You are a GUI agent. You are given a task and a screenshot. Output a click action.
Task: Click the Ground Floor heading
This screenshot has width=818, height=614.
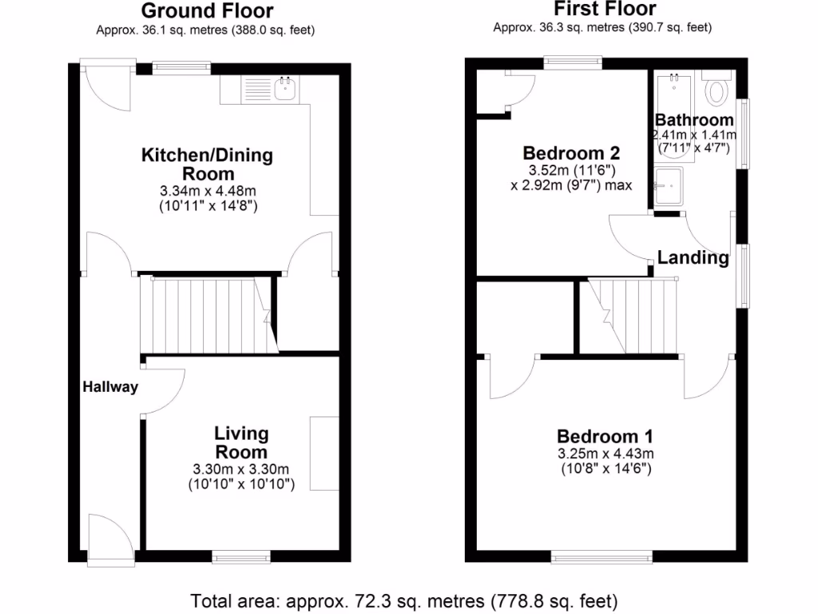(207, 11)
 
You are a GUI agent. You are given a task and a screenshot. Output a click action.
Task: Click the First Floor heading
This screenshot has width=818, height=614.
(604, 9)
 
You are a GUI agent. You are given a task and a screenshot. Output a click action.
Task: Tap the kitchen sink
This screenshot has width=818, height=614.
(284, 88)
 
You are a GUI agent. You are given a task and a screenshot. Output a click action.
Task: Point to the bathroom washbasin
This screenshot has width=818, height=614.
(669, 186)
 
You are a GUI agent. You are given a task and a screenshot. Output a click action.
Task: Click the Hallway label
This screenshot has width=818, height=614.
(110, 388)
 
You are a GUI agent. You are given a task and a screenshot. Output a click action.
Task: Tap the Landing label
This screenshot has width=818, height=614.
(693, 257)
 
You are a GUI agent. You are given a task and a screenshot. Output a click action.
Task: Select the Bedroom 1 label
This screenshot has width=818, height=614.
(605, 437)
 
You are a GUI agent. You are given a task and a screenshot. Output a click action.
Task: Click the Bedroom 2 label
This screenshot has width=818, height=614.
(570, 153)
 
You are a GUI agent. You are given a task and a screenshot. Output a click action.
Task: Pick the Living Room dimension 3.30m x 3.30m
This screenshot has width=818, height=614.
(240, 468)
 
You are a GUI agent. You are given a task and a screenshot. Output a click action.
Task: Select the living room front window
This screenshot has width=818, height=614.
(240, 556)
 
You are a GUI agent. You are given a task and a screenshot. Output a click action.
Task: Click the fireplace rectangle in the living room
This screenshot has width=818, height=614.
(324, 453)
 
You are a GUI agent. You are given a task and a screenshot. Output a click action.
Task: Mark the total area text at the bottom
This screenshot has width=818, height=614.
(403, 600)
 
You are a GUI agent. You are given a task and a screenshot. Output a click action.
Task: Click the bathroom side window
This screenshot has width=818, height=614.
(744, 133)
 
